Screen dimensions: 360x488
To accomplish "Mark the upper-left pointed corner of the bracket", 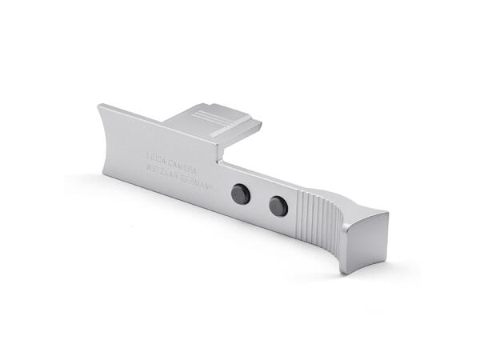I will coord(98,105).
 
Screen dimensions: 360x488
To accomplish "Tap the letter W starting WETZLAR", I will coord(145,167).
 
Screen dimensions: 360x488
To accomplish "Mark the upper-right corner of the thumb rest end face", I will coord(388,214).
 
